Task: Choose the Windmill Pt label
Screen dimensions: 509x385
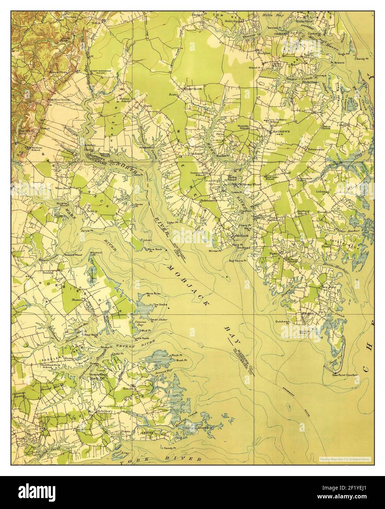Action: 97,254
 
